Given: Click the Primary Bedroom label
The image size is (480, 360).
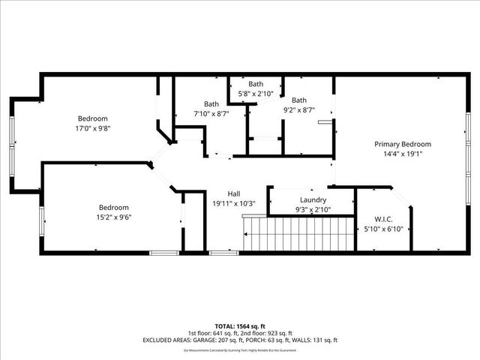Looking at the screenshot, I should (x=403, y=144).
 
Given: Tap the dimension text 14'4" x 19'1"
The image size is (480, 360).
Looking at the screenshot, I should (x=403, y=154).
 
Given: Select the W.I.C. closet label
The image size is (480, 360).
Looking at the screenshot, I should (x=373, y=219).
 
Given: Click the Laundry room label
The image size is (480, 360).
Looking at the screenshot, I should (x=312, y=199).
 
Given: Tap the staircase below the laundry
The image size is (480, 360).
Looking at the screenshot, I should (x=298, y=234).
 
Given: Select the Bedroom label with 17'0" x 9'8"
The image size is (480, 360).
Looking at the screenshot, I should (x=93, y=118).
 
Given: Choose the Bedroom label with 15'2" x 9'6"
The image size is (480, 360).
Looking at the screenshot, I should (x=114, y=208).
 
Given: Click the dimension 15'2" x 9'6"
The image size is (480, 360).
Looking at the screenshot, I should (x=114, y=217).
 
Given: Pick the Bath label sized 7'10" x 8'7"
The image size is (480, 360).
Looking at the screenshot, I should (x=211, y=104).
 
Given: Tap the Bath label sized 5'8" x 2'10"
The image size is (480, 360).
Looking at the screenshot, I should (x=256, y=84).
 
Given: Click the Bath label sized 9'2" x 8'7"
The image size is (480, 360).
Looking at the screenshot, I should (x=299, y=100).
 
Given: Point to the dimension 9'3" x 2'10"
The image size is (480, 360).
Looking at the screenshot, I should (x=312, y=209).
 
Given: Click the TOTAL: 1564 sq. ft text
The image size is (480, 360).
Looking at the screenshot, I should (x=239, y=326).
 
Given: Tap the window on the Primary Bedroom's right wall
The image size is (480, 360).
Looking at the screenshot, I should (x=467, y=150).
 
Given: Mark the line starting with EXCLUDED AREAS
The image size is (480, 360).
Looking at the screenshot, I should (x=239, y=340).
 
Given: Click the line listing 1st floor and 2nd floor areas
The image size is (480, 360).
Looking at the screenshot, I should (x=239, y=333).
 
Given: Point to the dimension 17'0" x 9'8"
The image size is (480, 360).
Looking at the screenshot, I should (x=93, y=128).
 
